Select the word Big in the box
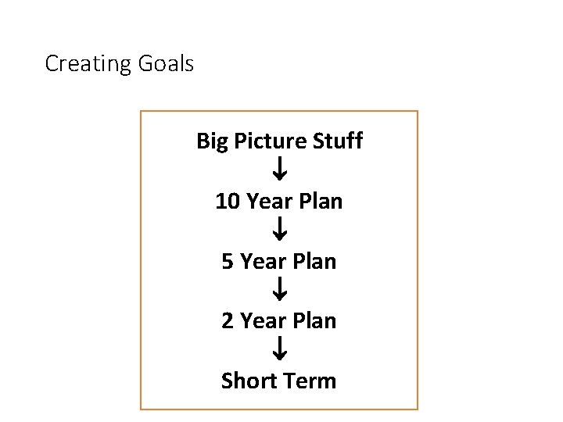pyautogui.click(x=210, y=142)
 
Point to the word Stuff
pyautogui.click(x=337, y=141)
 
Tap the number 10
pyautogui.click(x=228, y=202)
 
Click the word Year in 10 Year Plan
pyautogui.click(x=269, y=202)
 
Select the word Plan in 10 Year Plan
pyautogui.click(x=319, y=202)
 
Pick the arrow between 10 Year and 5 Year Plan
pyautogui.click(x=280, y=229)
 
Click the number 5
pyautogui.click(x=228, y=261)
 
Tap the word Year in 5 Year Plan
pyautogui.click(x=263, y=261)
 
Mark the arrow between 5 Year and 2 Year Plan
pyautogui.click(x=280, y=289)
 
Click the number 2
pyautogui.click(x=228, y=320)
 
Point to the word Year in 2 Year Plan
pyautogui.click(x=263, y=320)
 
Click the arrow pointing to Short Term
pyautogui.click(x=280, y=348)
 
